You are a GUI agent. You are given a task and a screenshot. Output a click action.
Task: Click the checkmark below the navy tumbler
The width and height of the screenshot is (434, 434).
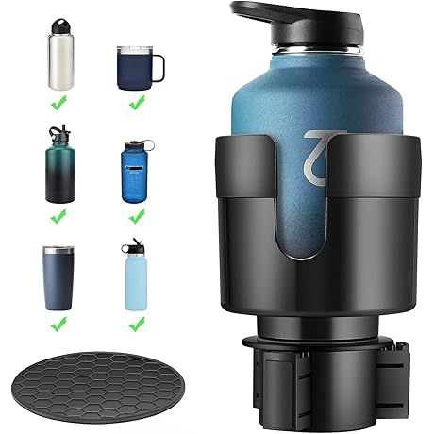(x=58, y=324)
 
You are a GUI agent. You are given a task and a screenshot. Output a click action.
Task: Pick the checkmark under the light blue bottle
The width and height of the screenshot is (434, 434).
(x=136, y=324)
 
